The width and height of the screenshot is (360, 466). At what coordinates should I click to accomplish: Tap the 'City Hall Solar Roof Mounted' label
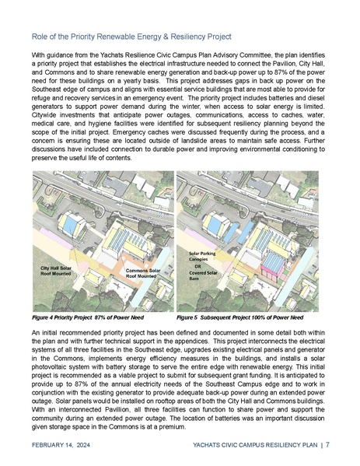click(x=59, y=270)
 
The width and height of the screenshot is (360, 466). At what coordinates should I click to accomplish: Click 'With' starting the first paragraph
click(x=38, y=56)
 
